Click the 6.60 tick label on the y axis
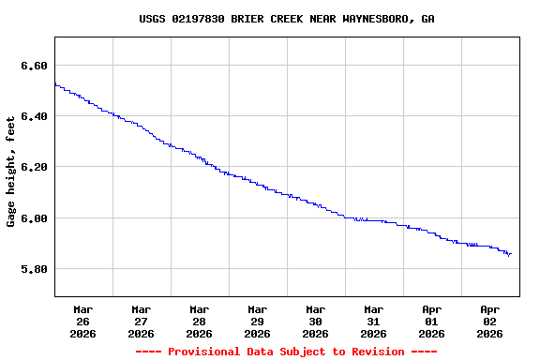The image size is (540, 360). coord(33,66)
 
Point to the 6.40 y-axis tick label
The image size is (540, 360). coord(33,116)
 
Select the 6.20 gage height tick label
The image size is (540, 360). coord(33,167)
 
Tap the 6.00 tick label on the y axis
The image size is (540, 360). coord(33,218)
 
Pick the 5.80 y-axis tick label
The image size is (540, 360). coord(33,269)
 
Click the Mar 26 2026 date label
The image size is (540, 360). coord(83,321)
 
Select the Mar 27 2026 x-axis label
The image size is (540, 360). coord(142,321)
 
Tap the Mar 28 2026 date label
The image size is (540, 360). coord(200,321)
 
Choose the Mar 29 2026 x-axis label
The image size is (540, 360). coord(258,321)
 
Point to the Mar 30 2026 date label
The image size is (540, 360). coord(316,321)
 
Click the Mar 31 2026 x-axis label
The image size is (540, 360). coord(374,321)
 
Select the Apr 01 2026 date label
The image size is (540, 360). coord(432,321)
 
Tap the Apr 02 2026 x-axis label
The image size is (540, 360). coord(490,321)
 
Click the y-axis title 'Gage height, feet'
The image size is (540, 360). coord(11,171)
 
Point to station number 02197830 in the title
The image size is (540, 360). coord(198,19)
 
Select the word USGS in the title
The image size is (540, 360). coord(152,19)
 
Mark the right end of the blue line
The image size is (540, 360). coord(511,253)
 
